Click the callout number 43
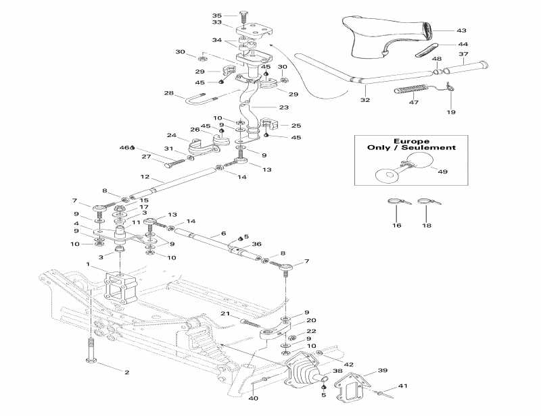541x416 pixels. [x=461, y=30]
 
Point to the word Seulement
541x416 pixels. [x=432, y=148]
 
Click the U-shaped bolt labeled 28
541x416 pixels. [x=199, y=101]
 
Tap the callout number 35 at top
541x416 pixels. [x=216, y=16]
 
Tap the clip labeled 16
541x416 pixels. [x=395, y=201]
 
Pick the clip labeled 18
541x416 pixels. [x=425, y=201]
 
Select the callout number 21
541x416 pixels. [x=226, y=313]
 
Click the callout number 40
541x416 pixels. [x=253, y=399]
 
